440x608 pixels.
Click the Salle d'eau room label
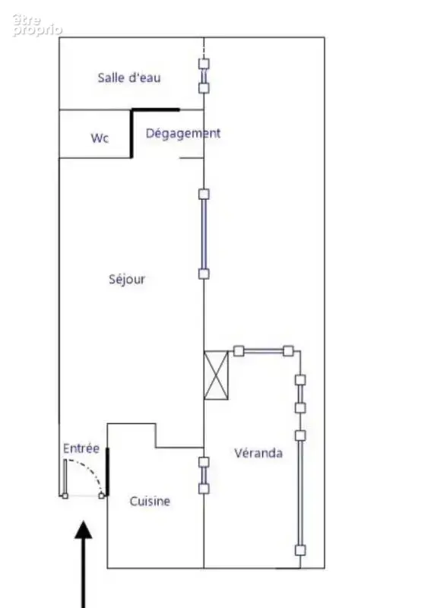129,78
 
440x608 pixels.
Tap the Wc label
100,138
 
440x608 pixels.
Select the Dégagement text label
183,134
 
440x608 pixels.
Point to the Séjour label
127,279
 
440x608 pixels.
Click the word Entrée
81,448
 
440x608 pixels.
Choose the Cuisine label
150,501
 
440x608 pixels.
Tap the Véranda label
258,453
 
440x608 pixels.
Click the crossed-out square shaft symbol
216,375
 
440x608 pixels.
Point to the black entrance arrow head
84,530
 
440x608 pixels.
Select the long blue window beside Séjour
204,234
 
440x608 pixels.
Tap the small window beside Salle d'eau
204,76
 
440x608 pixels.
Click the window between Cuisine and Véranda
204,476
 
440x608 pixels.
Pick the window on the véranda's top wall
263,351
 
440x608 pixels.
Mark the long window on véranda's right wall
300,492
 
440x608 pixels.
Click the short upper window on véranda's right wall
300,394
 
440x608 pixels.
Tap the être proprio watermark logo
36,25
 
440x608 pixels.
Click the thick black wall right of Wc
131,134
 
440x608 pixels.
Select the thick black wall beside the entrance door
107,471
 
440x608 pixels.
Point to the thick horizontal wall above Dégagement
156,110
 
